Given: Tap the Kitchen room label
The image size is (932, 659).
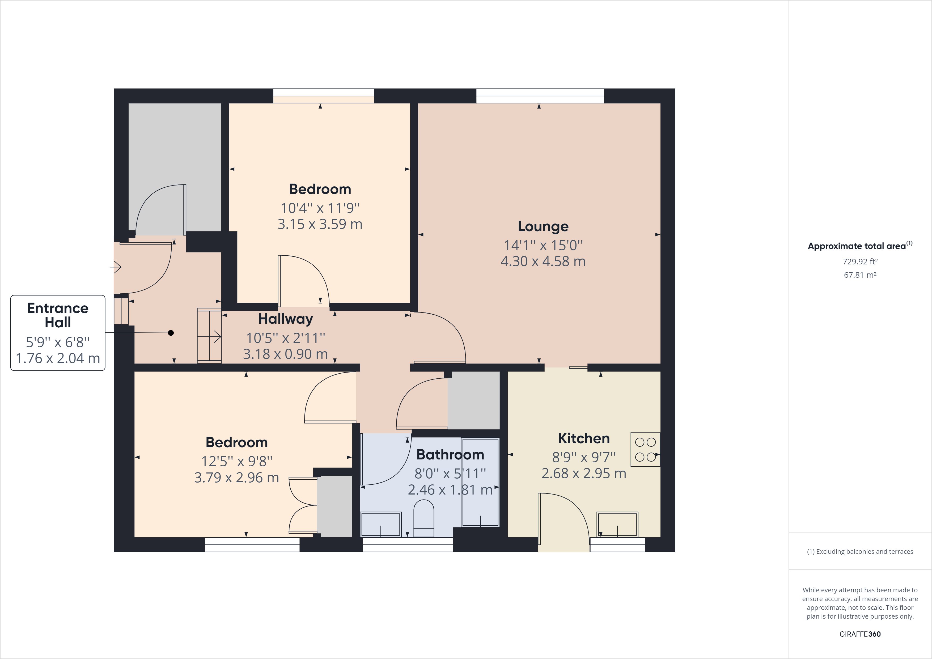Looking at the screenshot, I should coord(584,438).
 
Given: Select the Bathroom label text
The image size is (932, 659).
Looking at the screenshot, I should coord(450,455).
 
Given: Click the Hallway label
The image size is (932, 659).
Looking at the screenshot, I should coord(285,319).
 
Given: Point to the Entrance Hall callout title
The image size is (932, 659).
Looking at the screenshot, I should coord(58,315).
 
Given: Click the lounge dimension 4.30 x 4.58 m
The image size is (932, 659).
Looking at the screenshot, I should coord(543,261).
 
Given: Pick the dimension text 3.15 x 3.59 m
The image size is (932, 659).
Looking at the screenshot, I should coord(320,224).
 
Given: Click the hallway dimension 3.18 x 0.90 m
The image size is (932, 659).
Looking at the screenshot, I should coord(285,354).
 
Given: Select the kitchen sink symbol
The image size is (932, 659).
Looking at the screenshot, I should coord(617,525).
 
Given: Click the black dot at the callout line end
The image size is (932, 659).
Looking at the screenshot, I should coord(171,333).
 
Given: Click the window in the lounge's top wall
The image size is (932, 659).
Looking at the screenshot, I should coord(540,96).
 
